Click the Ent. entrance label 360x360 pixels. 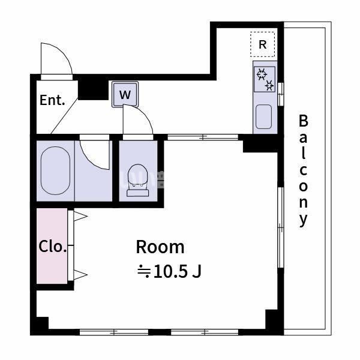click(x=52, y=100)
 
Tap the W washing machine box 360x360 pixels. click(x=125, y=94)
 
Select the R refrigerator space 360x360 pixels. click(x=262, y=44)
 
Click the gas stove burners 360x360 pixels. click(x=265, y=80)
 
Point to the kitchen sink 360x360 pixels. click(x=264, y=116)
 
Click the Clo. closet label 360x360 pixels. click(x=52, y=247)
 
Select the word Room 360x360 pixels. click(x=160, y=247)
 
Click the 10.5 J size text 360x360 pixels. click(x=178, y=272)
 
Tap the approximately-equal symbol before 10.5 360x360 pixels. click(x=144, y=272)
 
